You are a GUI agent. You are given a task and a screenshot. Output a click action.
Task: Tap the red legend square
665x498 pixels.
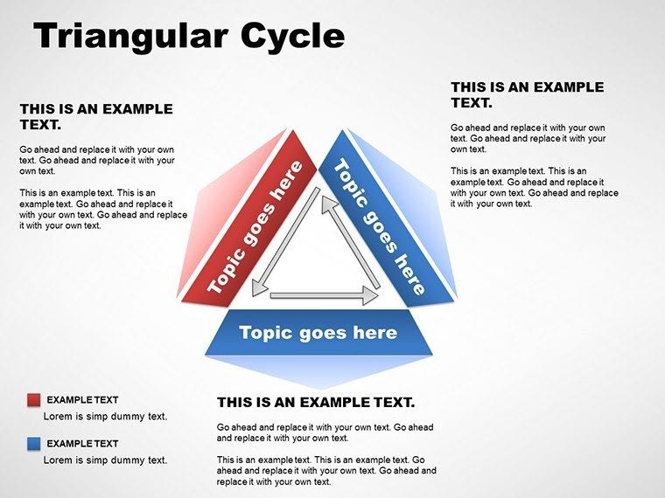click(34, 400)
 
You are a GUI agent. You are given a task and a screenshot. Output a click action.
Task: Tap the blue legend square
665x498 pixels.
click(34, 444)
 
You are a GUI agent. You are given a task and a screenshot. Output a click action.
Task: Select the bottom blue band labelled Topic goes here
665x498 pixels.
click(318, 333)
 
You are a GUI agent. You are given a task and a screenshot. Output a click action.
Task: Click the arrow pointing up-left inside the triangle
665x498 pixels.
click(350, 241)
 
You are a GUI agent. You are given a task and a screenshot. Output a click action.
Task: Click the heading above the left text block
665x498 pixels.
click(96, 117)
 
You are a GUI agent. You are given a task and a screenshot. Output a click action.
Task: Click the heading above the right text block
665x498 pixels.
click(527, 94)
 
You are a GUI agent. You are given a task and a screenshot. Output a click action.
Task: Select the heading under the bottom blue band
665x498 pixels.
click(315, 403)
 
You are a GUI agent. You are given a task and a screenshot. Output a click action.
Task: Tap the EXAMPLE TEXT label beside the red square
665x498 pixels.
click(82, 400)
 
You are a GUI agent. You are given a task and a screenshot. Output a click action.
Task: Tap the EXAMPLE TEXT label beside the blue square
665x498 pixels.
click(82, 444)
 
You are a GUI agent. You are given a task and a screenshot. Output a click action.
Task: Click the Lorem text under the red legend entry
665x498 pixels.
click(105, 417)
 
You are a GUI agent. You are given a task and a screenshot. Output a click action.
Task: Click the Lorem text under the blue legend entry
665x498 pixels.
click(105, 460)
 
